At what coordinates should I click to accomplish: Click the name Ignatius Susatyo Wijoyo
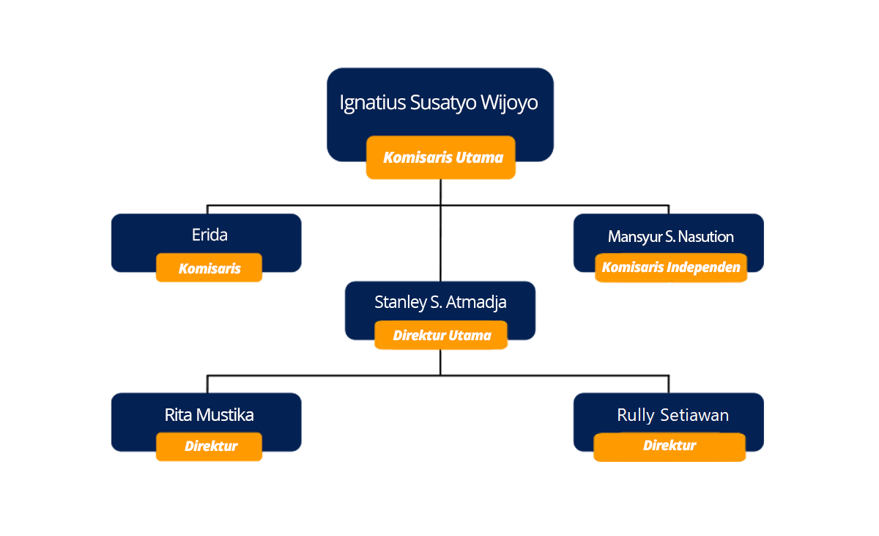point(439,103)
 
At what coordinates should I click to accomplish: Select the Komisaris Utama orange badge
point(441,158)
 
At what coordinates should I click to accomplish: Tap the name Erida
point(209,235)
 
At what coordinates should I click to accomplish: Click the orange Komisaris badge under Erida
point(209,268)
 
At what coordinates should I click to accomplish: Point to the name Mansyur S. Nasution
point(671,237)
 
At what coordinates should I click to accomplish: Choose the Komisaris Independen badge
point(671,268)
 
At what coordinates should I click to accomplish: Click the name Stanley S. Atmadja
point(440,303)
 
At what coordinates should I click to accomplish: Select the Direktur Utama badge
point(441,335)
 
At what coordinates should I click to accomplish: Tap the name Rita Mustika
point(209,415)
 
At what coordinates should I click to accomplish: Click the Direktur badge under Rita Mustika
point(209,447)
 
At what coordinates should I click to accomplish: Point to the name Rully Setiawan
point(673,416)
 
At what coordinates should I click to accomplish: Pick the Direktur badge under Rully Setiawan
point(670,447)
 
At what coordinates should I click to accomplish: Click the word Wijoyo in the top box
point(509,103)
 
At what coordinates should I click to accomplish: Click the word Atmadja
point(476,303)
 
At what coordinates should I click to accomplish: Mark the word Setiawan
point(694,415)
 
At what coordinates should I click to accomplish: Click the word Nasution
point(706,237)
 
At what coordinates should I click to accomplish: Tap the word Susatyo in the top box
point(443,103)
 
